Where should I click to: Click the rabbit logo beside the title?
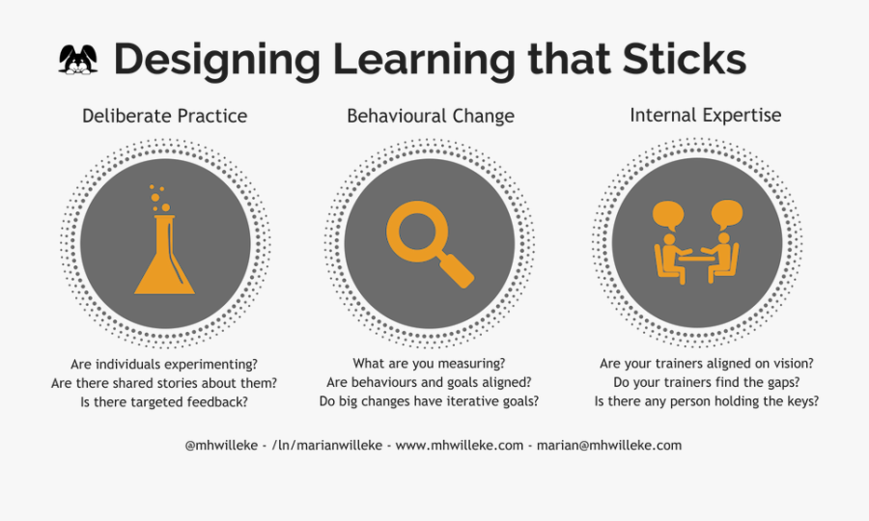click(78, 59)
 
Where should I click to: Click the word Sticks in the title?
click(685, 59)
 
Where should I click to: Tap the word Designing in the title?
click(216, 62)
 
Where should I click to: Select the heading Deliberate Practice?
click(164, 116)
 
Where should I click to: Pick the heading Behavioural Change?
click(431, 116)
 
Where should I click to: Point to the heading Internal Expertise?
click(706, 115)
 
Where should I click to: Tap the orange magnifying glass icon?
click(430, 244)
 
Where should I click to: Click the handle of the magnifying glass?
click(457, 270)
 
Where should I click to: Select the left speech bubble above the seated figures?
click(668, 215)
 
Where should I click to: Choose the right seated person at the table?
click(721, 258)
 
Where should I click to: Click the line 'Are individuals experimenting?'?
click(164, 365)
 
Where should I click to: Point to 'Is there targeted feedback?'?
click(164, 402)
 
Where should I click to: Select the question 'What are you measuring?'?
click(429, 363)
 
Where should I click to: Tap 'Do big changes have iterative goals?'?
click(429, 400)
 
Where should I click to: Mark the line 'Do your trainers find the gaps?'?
click(707, 382)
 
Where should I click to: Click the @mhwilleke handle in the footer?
click(221, 445)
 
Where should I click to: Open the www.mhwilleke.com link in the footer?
click(460, 445)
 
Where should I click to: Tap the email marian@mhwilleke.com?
click(609, 445)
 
